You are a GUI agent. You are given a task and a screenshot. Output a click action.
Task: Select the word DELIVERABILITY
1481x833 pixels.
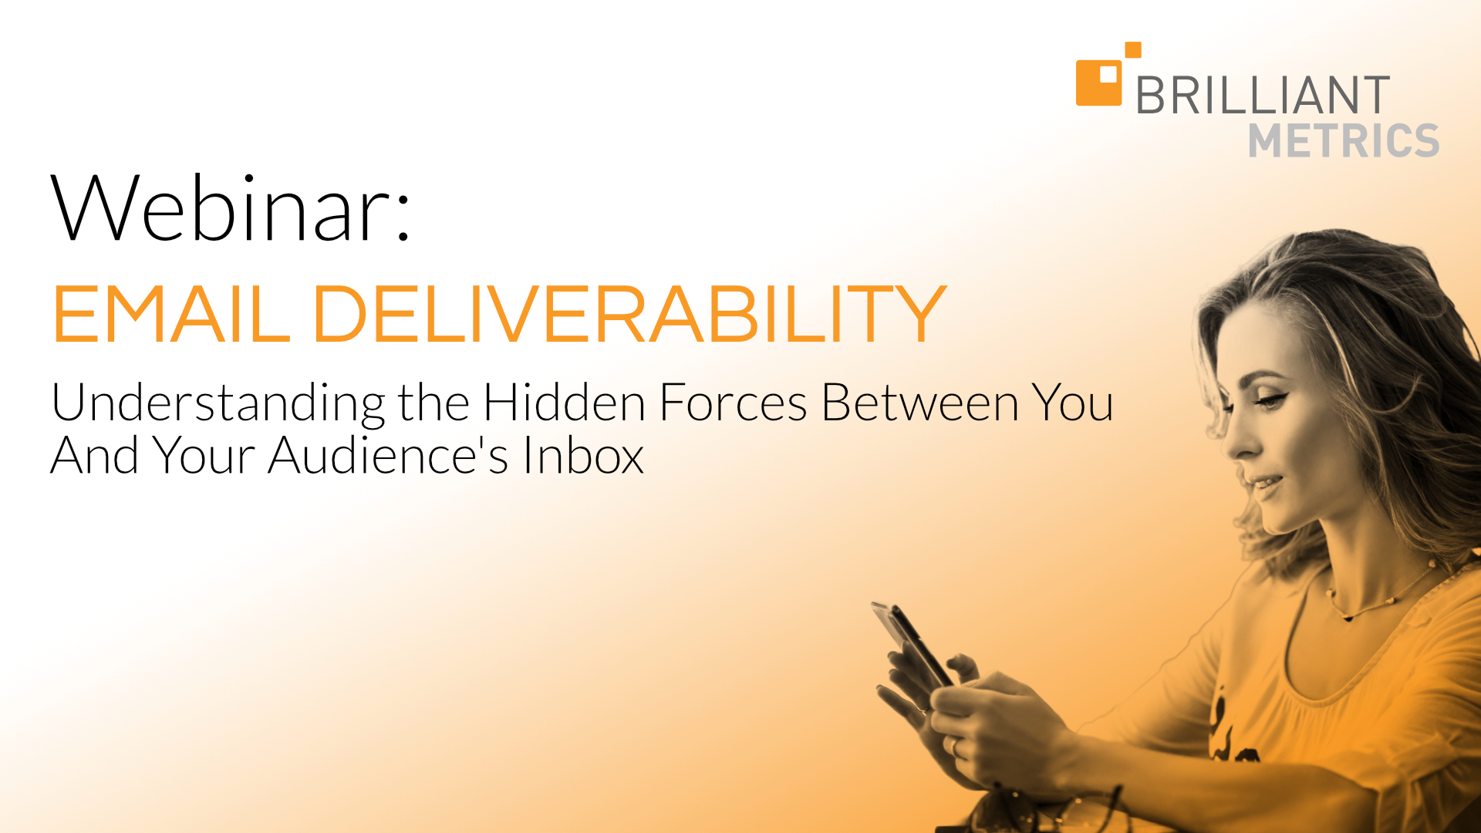(629, 314)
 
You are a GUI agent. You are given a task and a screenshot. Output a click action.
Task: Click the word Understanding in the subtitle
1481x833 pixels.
(218, 405)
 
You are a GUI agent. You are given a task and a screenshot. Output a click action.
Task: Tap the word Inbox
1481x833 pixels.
(584, 454)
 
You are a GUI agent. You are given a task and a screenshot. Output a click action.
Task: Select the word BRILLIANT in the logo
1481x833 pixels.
(1263, 95)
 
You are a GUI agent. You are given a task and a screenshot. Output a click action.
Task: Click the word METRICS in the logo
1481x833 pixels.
(1344, 140)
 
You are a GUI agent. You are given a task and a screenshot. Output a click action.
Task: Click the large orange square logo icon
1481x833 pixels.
(1098, 83)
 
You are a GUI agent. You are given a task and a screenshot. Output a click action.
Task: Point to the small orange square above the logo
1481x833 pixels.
(1133, 49)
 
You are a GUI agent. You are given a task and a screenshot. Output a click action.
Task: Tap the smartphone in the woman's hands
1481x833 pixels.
(913, 644)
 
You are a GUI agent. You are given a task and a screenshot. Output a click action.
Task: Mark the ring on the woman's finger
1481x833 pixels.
(955, 747)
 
